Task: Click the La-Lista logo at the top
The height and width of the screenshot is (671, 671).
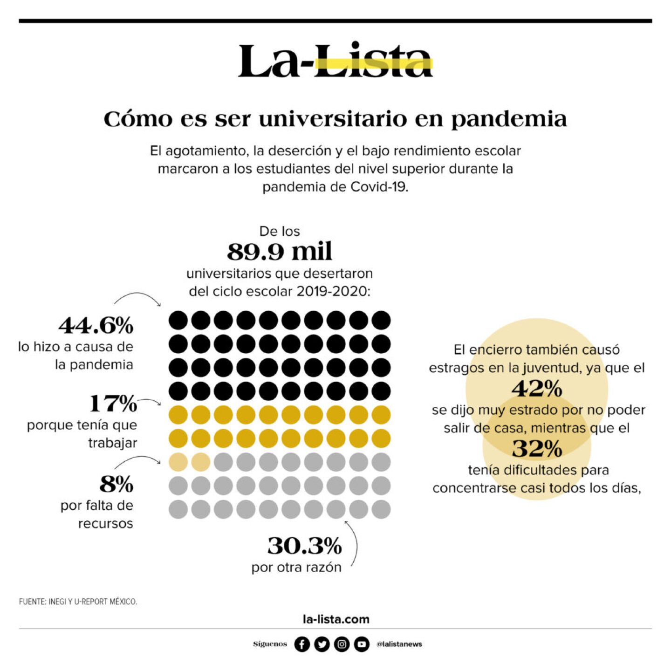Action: pyautogui.click(x=335, y=61)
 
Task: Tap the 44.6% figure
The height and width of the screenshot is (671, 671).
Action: pyautogui.click(x=96, y=325)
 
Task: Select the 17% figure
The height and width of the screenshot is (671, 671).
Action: pyautogui.click(x=113, y=404)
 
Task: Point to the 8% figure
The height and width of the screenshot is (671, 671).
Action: pyautogui.click(x=116, y=484)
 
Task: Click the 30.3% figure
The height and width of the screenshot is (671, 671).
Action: pyautogui.click(x=304, y=546)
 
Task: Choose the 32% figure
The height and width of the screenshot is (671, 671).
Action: pyautogui.click(x=537, y=449)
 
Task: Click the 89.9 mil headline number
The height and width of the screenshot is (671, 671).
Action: pyautogui.click(x=280, y=252)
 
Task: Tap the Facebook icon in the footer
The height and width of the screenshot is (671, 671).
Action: pyautogui.click(x=302, y=644)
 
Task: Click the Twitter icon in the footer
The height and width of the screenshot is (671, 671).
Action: pyautogui.click(x=322, y=644)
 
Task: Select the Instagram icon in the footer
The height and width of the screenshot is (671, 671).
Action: pyautogui.click(x=342, y=644)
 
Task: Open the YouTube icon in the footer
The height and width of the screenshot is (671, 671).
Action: pyautogui.click(x=362, y=644)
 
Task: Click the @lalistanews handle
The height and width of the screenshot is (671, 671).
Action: pyautogui.click(x=399, y=644)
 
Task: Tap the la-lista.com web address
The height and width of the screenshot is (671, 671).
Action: pyautogui.click(x=335, y=619)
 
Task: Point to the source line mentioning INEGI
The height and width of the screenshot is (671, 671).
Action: pyautogui.click(x=78, y=602)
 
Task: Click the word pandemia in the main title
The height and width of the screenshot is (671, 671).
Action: pyautogui.click(x=509, y=119)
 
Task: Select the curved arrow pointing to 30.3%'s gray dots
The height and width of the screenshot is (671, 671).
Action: pyautogui.click(x=354, y=543)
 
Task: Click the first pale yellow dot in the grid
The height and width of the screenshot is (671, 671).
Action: pyautogui.click(x=178, y=462)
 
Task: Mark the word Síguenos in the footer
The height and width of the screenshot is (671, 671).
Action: pyautogui.click(x=270, y=644)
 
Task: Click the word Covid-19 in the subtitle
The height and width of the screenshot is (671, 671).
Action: pyautogui.click(x=379, y=187)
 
